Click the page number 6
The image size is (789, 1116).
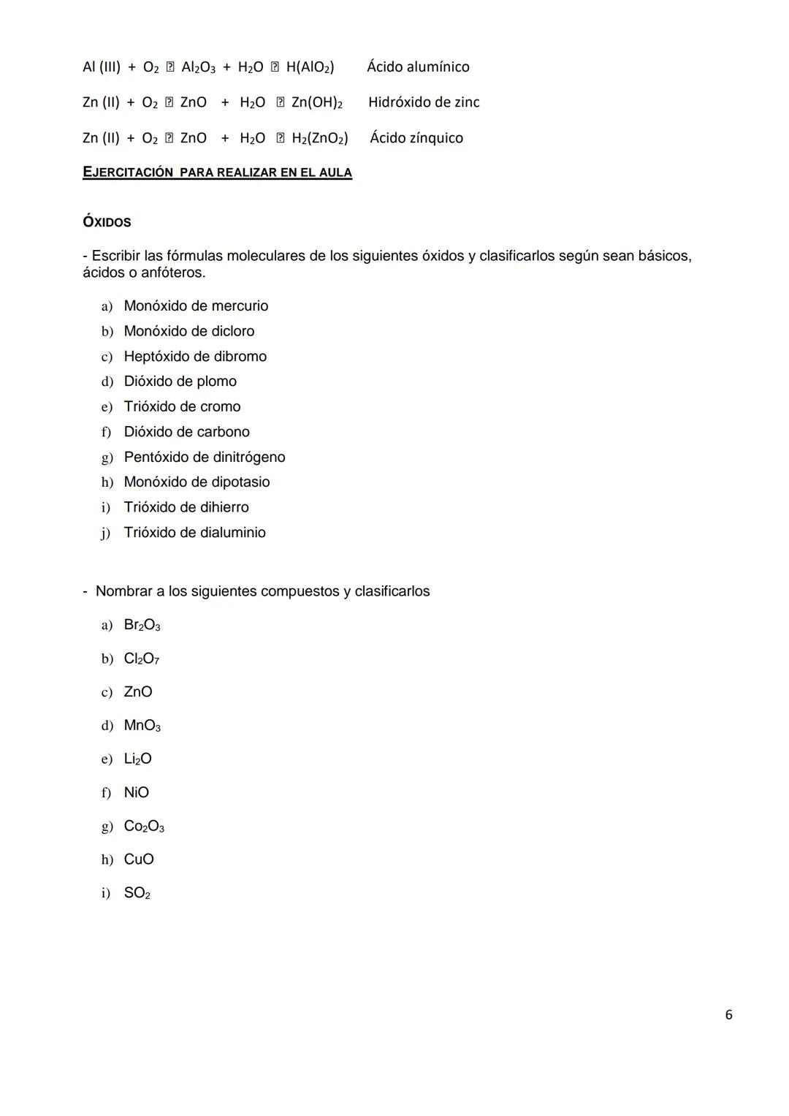[x=728, y=1014]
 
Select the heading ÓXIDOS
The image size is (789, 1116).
[x=107, y=222]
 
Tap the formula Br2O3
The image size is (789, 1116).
[x=142, y=625]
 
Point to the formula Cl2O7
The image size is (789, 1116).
[x=141, y=658]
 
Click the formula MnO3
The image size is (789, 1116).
[x=142, y=726]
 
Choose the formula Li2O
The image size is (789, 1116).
[x=137, y=759]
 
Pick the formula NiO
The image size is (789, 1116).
[x=136, y=792]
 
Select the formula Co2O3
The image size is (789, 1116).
[x=144, y=827]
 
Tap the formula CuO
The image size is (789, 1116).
[x=139, y=859]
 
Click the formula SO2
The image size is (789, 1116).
[x=137, y=893]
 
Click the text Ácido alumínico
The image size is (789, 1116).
[x=418, y=67]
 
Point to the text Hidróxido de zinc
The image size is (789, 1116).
[x=424, y=102]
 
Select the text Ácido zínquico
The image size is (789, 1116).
[x=416, y=138]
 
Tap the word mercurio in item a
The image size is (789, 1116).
[x=239, y=306]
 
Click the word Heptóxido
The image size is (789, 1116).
[x=157, y=357]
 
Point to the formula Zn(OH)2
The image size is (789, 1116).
[x=317, y=102]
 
